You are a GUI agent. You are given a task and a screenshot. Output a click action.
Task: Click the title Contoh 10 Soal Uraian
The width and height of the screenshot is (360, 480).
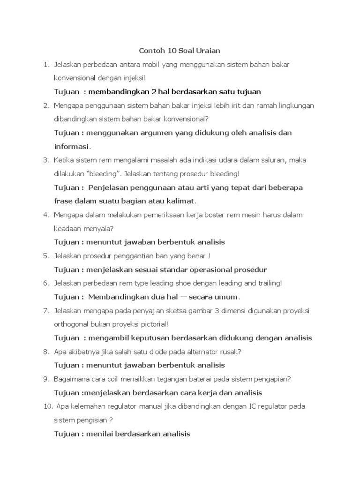[180, 50]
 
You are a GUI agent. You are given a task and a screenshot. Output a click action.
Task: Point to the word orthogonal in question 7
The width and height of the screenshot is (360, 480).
[73, 324]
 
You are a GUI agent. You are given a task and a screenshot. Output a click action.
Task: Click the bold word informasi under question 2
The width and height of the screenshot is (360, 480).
[71, 146]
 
